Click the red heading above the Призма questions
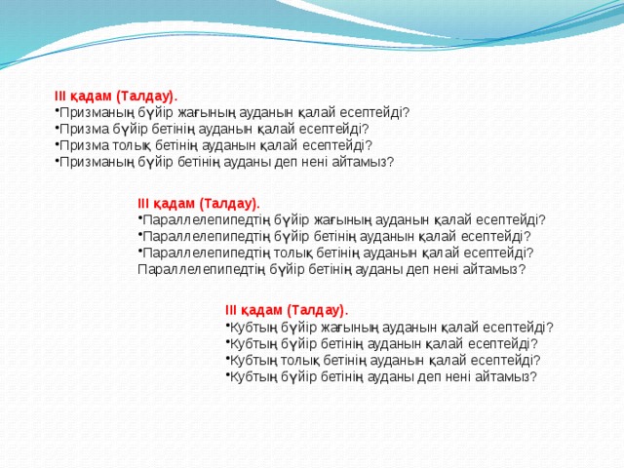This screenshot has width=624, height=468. point(116,97)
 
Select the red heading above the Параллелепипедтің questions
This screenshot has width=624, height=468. point(199,204)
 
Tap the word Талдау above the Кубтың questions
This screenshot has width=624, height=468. point(317,310)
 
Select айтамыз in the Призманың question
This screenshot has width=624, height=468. point(361,162)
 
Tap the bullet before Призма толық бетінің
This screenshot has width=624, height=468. point(56,146)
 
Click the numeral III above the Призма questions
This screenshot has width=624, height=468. point(60,97)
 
